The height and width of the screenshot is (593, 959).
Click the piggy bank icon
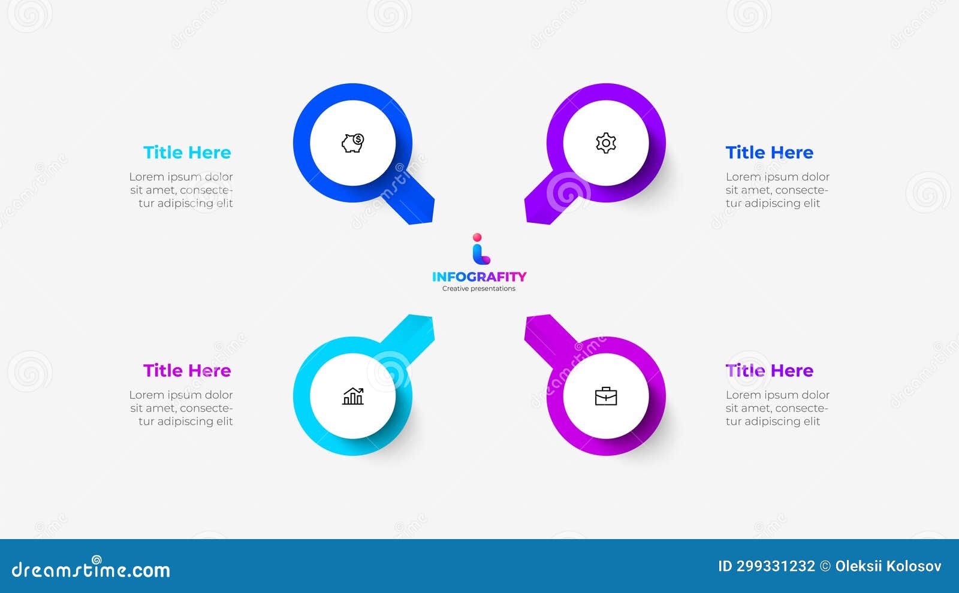click(x=353, y=143)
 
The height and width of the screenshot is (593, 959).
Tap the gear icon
click(x=606, y=143)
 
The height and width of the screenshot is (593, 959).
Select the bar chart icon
click(x=353, y=396)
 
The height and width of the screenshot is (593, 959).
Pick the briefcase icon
click(x=606, y=396)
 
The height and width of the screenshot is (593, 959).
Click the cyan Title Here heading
click(x=187, y=153)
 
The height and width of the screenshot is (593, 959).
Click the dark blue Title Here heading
click(x=770, y=153)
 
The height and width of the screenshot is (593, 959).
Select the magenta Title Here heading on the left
click(x=187, y=371)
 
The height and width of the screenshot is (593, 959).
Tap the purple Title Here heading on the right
click(x=770, y=371)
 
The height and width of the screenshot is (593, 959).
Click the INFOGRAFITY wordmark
click(x=479, y=277)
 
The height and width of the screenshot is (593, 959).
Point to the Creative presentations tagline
click(x=479, y=289)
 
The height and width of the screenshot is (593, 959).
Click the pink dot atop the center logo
click(x=477, y=237)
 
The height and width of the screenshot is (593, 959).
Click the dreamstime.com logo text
click(x=91, y=569)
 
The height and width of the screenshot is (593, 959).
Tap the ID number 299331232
click(x=776, y=566)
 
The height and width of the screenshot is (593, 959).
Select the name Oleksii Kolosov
click(x=888, y=566)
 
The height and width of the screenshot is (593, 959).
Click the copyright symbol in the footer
click(x=825, y=566)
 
